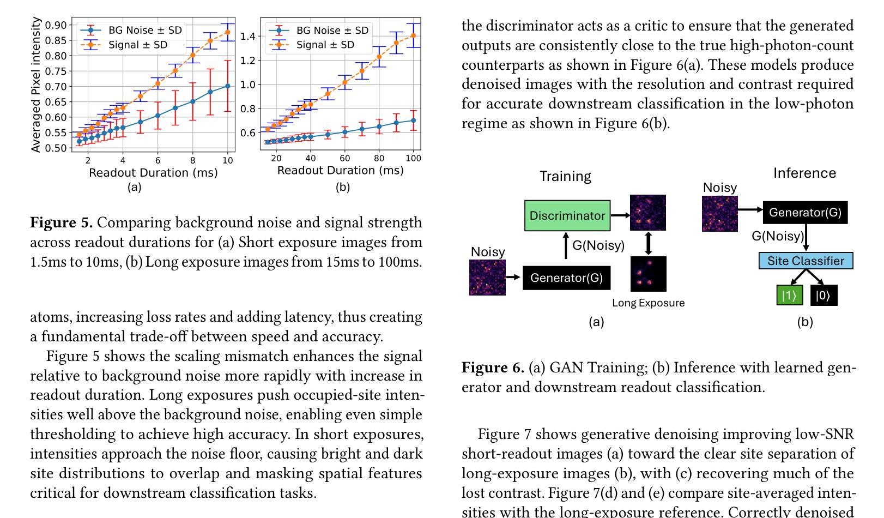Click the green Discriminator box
(x=567, y=215)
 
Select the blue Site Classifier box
(x=806, y=261)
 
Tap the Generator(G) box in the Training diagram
(x=566, y=278)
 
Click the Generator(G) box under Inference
(x=805, y=212)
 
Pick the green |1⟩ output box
(x=789, y=295)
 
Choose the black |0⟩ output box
(x=823, y=295)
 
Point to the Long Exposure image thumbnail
(x=648, y=274)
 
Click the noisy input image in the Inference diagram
(x=719, y=214)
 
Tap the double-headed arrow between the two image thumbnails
(x=648, y=243)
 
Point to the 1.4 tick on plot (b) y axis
(x=248, y=37)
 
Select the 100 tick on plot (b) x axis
(x=414, y=158)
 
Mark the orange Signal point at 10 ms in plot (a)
(x=227, y=33)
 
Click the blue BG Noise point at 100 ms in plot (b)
(x=413, y=121)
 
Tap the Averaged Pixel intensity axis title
(x=36, y=85)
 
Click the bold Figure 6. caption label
(x=493, y=368)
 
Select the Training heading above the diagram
(x=565, y=176)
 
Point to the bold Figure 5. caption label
(x=61, y=222)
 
